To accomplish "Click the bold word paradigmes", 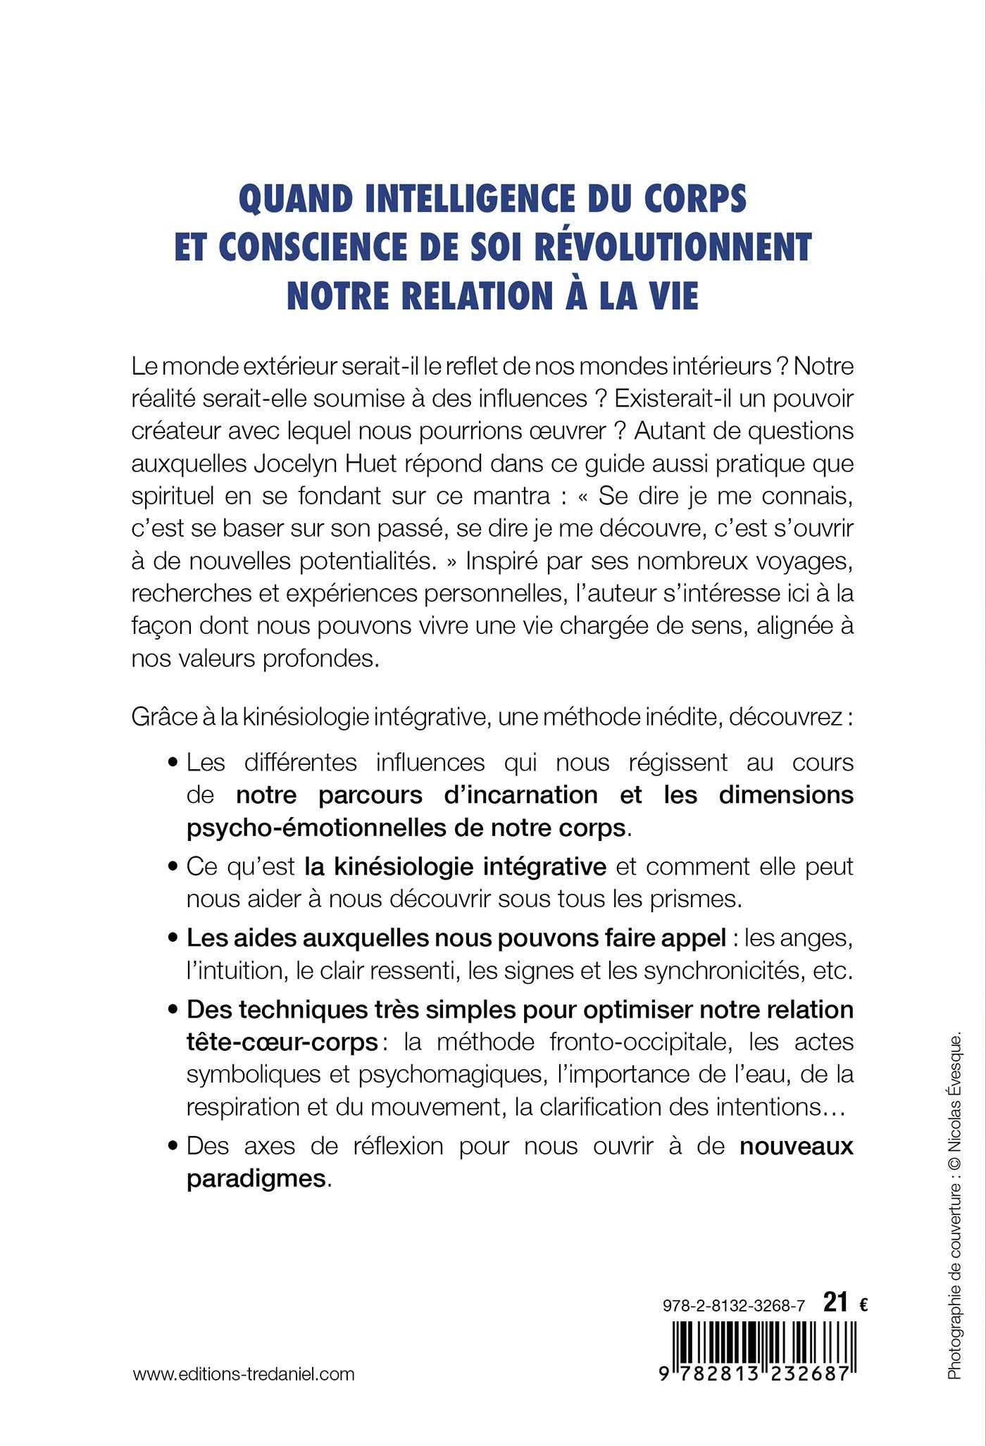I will tap(256, 1179).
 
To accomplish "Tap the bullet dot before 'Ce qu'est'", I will tap(173, 867).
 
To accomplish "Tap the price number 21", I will tap(835, 1304).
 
